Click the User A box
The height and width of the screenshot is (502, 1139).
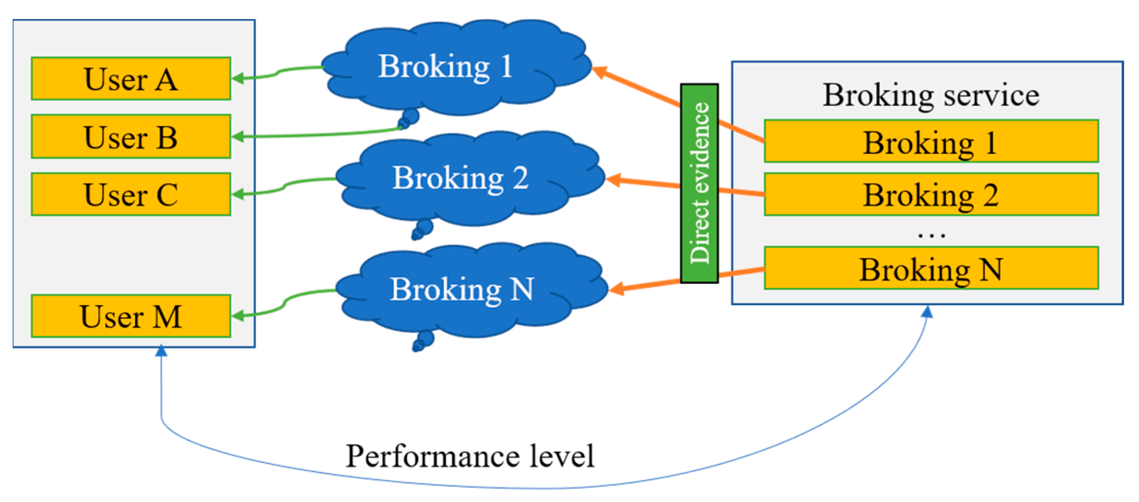(x=131, y=79)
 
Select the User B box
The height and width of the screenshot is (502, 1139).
(x=131, y=137)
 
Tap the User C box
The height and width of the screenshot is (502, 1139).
(x=131, y=194)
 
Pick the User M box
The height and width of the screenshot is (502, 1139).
(x=131, y=316)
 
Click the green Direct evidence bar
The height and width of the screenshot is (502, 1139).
(x=699, y=183)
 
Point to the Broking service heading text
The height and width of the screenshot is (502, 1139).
(x=931, y=95)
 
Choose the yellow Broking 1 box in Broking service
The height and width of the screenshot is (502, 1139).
(x=931, y=142)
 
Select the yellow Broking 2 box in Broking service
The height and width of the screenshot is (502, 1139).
(x=931, y=195)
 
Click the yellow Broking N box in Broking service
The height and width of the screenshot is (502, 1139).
(x=931, y=269)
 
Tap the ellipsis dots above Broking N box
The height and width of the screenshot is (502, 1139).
(x=931, y=236)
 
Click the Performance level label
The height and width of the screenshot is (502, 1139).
(x=470, y=456)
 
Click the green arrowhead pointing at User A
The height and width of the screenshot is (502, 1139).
(x=238, y=78)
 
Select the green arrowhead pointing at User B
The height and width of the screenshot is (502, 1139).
(x=238, y=136)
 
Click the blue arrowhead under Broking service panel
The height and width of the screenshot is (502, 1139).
(x=928, y=312)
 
